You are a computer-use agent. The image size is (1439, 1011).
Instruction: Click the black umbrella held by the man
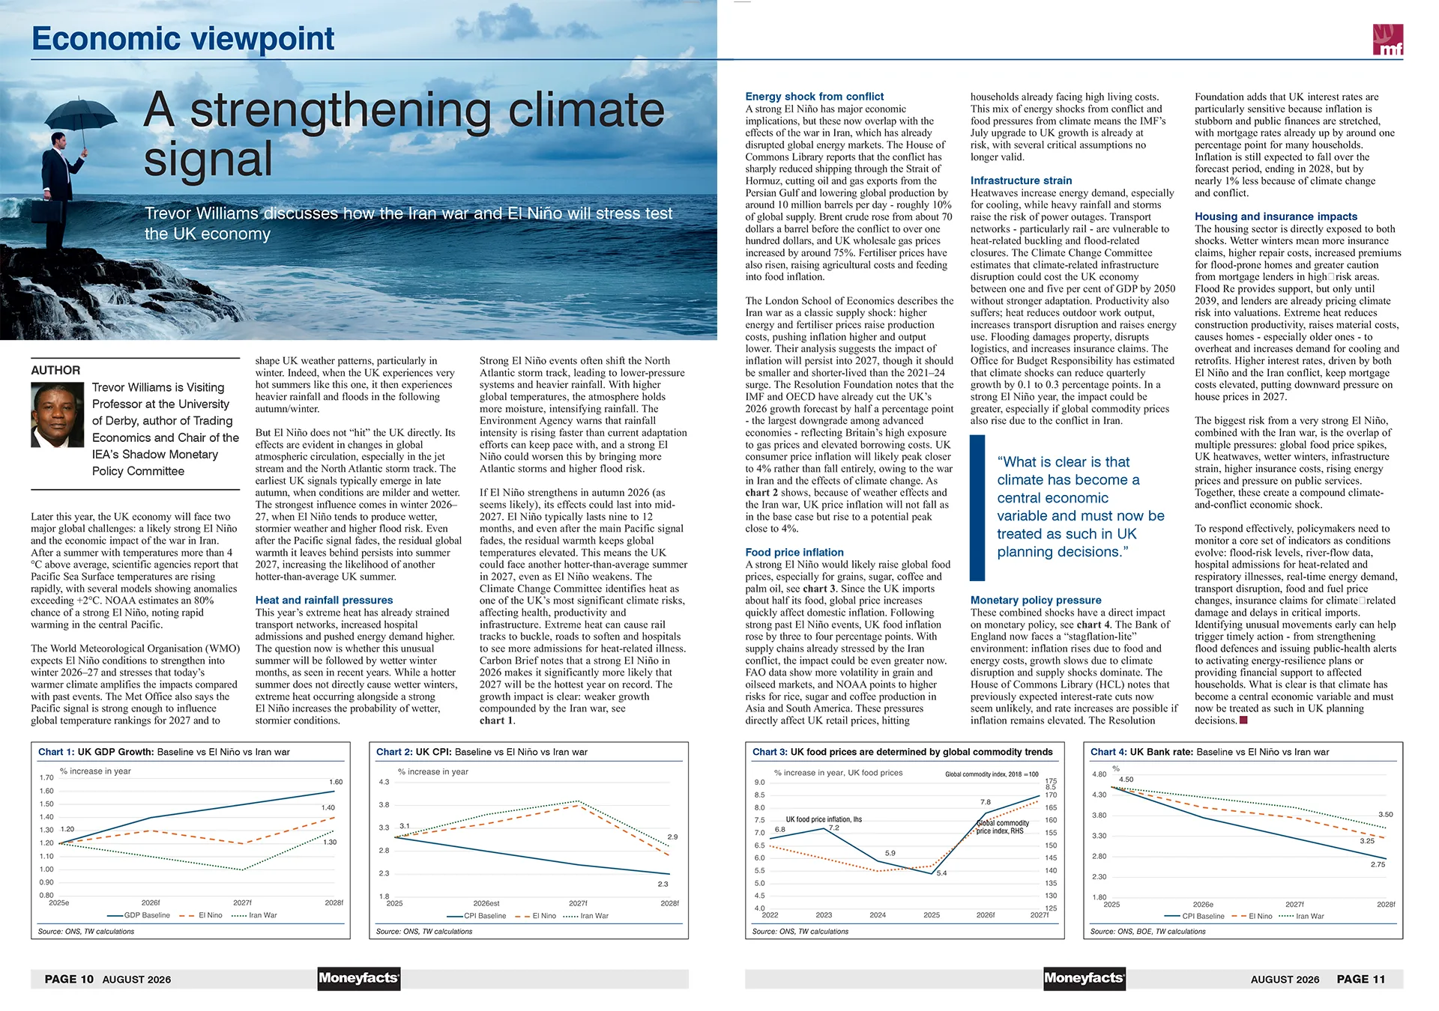point(81,115)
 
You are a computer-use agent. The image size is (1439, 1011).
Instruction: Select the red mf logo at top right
point(1387,40)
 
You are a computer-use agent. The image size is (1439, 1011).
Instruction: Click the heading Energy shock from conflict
point(814,97)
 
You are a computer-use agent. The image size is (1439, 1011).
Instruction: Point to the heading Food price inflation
point(794,552)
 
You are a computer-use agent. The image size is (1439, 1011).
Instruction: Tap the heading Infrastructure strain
point(1021,180)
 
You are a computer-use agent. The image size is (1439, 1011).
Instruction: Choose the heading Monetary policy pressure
point(1036,600)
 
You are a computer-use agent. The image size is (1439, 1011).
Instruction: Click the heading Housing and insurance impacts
point(1276,216)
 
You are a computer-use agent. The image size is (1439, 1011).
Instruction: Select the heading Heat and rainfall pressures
point(324,600)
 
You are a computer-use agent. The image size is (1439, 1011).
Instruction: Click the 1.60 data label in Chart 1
point(336,782)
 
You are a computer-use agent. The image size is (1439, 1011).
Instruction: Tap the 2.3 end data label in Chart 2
point(663,884)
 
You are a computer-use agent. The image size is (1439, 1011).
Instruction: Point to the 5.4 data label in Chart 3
point(941,873)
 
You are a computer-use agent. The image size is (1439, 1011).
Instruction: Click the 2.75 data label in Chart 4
point(1378,864)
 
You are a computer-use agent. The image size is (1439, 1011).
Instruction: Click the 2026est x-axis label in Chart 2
point(486,903)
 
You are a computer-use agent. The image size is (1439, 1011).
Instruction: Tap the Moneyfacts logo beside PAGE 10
point(359,978)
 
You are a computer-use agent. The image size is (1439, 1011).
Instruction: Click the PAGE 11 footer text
point(1361,979)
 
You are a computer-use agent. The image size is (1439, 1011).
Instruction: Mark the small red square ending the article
point(1243,720)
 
